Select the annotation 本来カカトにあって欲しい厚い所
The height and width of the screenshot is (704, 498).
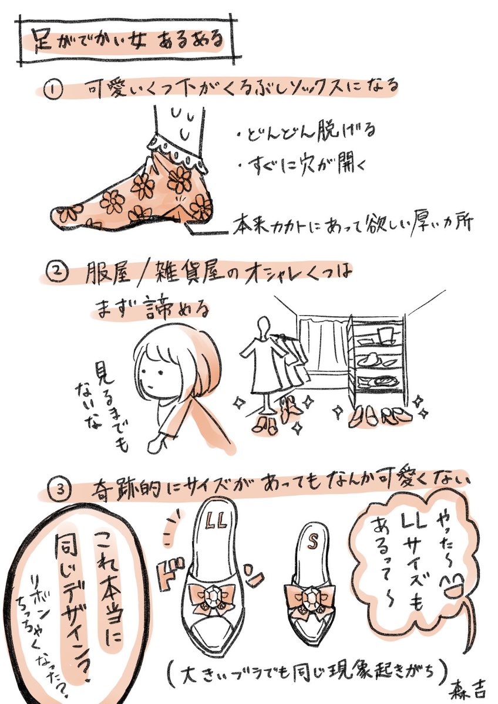(x=352, y=225)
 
